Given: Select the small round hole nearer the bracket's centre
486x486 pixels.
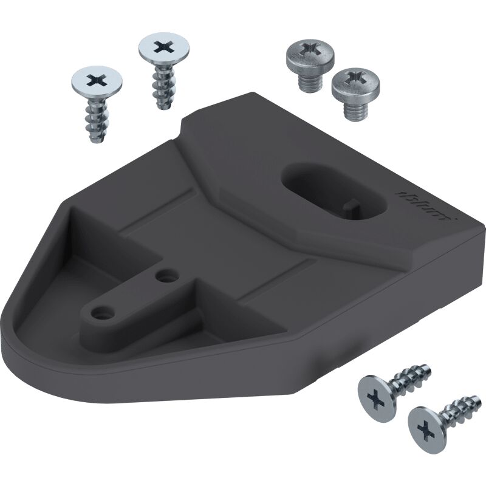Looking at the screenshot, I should pyautogui.click(x=162, y=276).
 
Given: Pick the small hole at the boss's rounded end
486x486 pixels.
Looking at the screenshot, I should pyautogui.click(x=100, y=313).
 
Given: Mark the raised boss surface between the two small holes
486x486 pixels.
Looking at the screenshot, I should pyautogui.click(x=131, y=296).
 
